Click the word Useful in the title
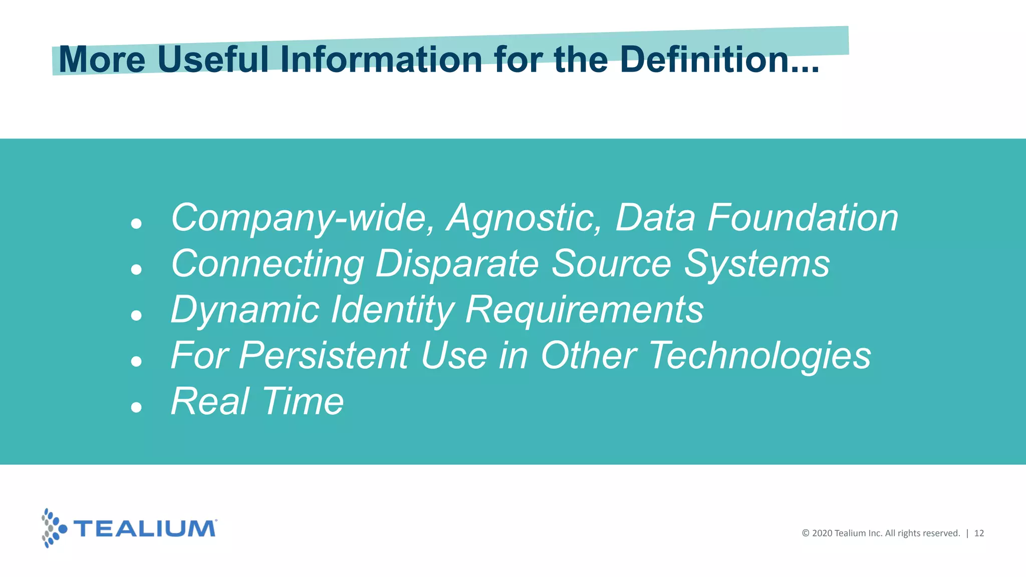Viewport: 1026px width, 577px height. pos(213,60)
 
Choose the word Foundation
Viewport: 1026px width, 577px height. pos(803,218)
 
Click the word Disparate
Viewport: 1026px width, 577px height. pos(457,264)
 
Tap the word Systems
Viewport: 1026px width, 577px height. pos(756,264)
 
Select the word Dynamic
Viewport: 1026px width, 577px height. pos(245,310)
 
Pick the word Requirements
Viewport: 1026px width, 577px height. pos(584,310)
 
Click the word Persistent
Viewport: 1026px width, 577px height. pos(324,356)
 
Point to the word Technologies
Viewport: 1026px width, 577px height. pos(760,356)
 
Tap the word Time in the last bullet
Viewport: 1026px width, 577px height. pos(303,402)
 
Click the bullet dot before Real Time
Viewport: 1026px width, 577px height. pos(136,407)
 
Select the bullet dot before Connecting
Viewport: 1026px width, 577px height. pos(136,270)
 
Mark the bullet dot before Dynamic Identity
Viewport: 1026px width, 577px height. pos(136,316)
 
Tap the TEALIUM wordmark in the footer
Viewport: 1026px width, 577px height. pos(145,528)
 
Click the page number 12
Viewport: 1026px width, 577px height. pos(979,533)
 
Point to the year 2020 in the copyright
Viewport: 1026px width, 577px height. pos(822,533)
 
